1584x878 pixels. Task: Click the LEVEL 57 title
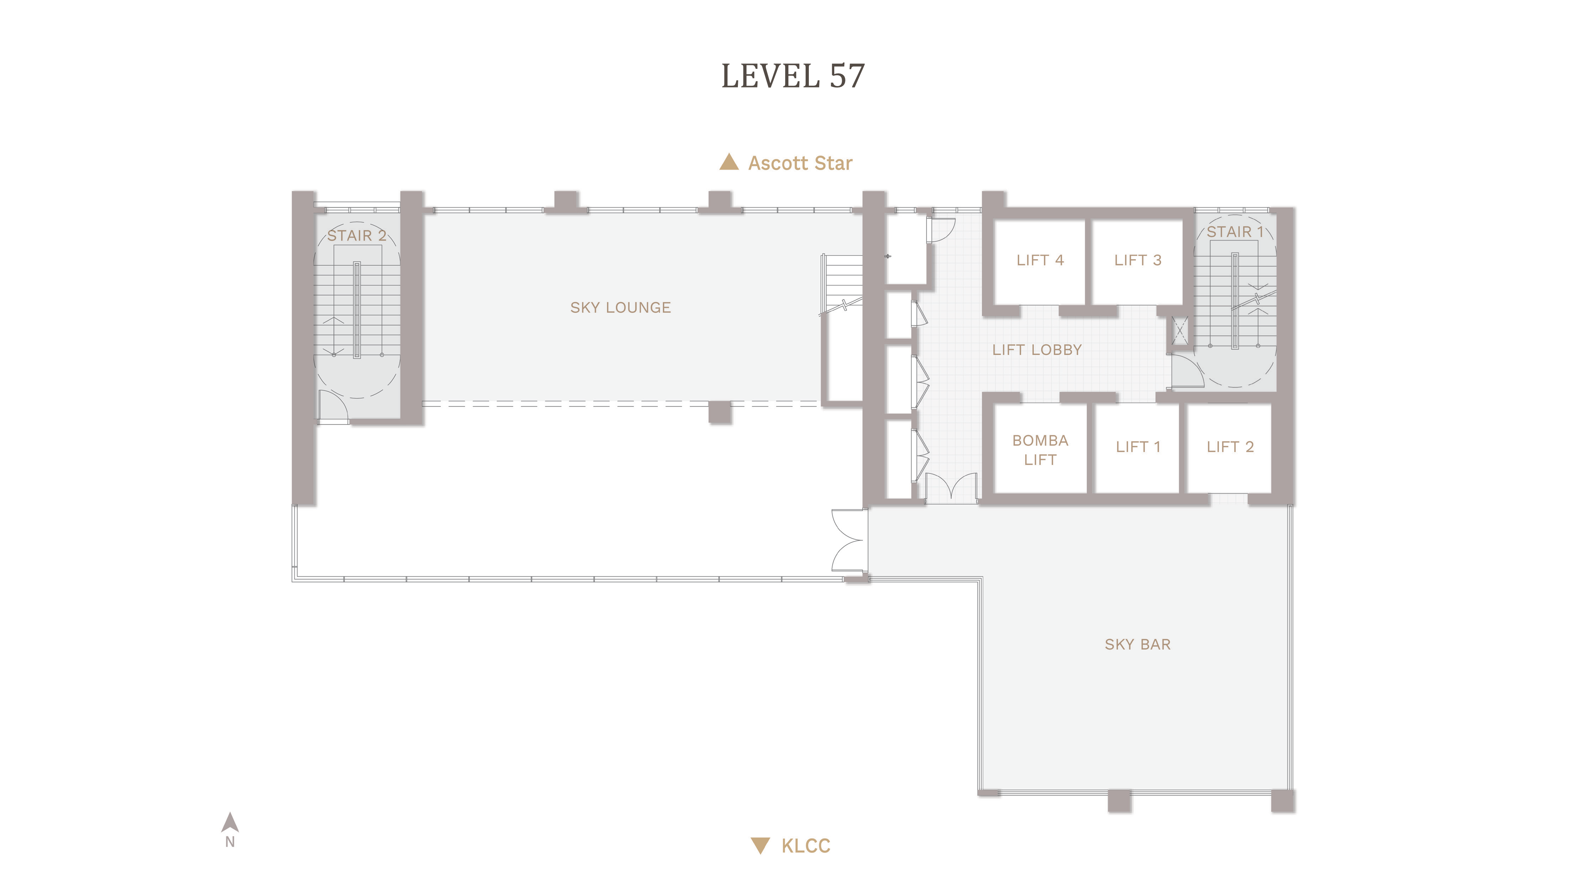pyautogui.click(x=793, y=76)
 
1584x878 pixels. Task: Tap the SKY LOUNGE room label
pyautogui.click(x=620, y=308)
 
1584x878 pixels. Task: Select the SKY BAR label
pyautogui.click(x=1138, y=644)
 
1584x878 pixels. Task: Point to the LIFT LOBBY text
pyautogui.click(x=1037, y=350)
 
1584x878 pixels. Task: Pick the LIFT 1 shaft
pyautogui.click(x=1138, y=448)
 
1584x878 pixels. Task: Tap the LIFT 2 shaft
pyautogui.click(x=1230, y=448)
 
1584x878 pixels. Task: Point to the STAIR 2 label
pyautogui.click(x=357, y=236)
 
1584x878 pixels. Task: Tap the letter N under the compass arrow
pyautogui.click(x=230, y=842)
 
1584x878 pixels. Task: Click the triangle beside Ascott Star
pyautogui.click(x=729, y=162)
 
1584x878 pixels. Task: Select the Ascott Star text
pyautogui.click(x=800, y=163)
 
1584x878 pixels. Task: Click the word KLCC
pyautogui.click(x=806, y=846)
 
